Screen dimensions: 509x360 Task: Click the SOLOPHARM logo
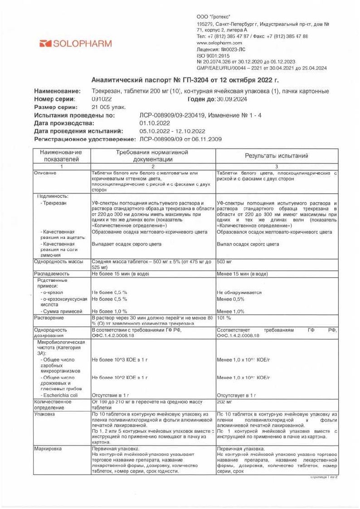coord(75,44)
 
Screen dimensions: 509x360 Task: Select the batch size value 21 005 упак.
coord(108,107)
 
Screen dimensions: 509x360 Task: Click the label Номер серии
coord(55,99)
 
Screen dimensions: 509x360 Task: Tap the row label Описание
coord(46,174)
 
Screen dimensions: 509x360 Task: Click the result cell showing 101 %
coord(224,318)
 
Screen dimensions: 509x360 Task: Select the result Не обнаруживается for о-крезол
coord(239,293)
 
